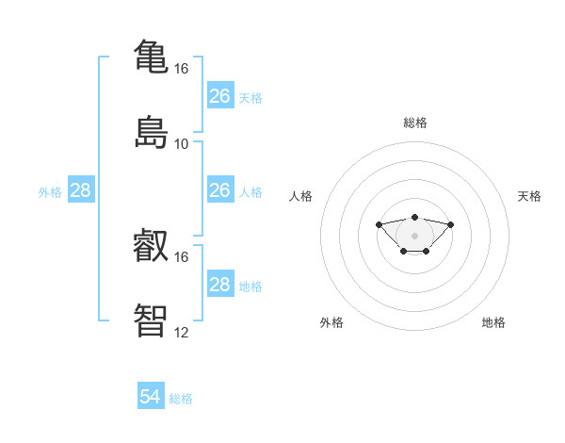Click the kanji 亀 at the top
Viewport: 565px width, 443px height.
pyautogui.click(x=151, y=57)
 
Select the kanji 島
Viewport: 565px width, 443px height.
pyautogui.click(x=151, y=132)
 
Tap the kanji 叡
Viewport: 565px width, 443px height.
pyautogui.click(x=151, y=245)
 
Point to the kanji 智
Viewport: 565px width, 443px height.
pyautogui.click(x=151, y=320)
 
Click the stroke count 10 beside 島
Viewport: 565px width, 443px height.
pyautogui.click(x=181, y=144)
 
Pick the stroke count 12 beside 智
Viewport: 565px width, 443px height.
pyautogui.click(x=181, y=333)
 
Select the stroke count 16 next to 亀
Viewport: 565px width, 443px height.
pyautogui.click(x=181, y=69)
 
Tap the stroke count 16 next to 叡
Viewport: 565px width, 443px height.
pyautogui.click(x=181, y=257)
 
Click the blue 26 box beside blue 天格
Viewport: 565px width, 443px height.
pyautogui.click(x=220, y=95)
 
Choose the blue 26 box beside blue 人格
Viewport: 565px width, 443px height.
pyautogui.click(x=220, y=189)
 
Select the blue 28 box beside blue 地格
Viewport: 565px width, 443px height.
pyautogui.click(x=220, y=283)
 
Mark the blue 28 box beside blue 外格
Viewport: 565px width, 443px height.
pyautogui.click(x=81, y=189)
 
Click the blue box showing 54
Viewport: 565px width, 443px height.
pyautogui.click(x=151, y=395)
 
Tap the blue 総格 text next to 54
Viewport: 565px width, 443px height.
pyautogui.click(x=181, y=399)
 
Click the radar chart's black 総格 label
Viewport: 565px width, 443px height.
pyautogui.click(x=415, y=123)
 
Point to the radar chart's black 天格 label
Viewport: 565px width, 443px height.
pyautogui.click(x=529, y=196)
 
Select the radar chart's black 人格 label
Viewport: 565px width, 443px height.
pyautogui.click(x=300, y=196)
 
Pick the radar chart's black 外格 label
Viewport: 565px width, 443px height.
pyautogui.click(x=331, y=322)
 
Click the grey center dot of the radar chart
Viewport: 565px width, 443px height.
pyautogui.click(x=414, y=236)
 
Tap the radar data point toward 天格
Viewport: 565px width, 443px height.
pyautogui.click(x=450, y=224)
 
